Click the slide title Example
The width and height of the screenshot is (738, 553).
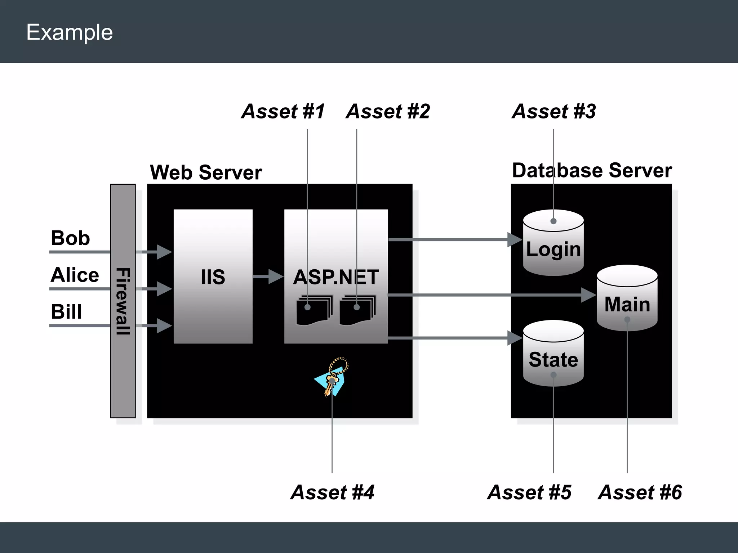pyautogui.click(x=70, y=32)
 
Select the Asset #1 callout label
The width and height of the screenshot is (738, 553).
pyautogui.click(x=283, y=111)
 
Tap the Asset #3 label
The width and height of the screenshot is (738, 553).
pyautogui.click(x=554, y=111)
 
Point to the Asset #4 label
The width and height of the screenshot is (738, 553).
pyautogui.click(x=332, y=492)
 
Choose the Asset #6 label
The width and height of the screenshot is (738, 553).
pyautogui.click(x=640, y=492)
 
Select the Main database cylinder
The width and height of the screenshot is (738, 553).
pyautogui.click(x=627, y=299)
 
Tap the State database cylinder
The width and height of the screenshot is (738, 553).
pyautogui.click(x=553, y=355)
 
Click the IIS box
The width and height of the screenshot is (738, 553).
pyautogui.click(x=213, y=276)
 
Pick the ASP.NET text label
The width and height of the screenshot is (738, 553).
pyautogui.click(x=336, y=277)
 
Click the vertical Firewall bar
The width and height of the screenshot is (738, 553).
pyautogui.click(x=123, y=301)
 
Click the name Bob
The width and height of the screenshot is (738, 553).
pyautogui.click(x=70, y=238)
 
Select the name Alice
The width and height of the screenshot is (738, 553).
pyautogui.click(x=75, y=275)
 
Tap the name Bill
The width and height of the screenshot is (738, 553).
pyautogui.click(x=66, y=312)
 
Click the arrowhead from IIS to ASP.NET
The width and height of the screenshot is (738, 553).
pyautogui.click(x=276, y=276)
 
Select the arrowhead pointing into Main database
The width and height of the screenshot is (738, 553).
pyautogui.click(x=588, y=295)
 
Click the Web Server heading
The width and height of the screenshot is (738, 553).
pyautogui.click(x=206, y=172)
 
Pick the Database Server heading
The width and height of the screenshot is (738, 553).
pyautogui.click(x=592, y=170)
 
